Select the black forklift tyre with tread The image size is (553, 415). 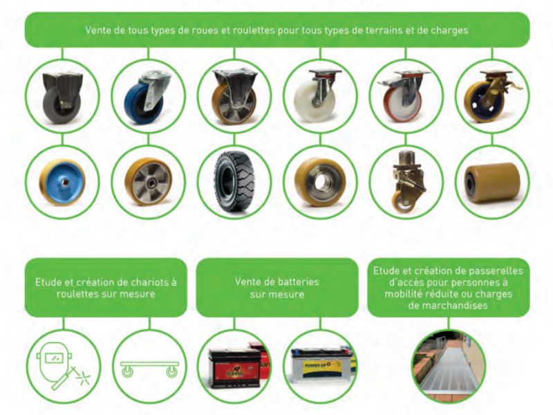234,183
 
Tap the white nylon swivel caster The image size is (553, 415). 316,95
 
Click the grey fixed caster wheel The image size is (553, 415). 62,95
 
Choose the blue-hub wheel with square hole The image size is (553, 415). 62,183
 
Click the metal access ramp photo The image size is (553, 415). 449,367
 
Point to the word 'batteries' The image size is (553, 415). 299,282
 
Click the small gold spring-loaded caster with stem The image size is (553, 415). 406,182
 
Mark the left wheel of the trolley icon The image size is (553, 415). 126,371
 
